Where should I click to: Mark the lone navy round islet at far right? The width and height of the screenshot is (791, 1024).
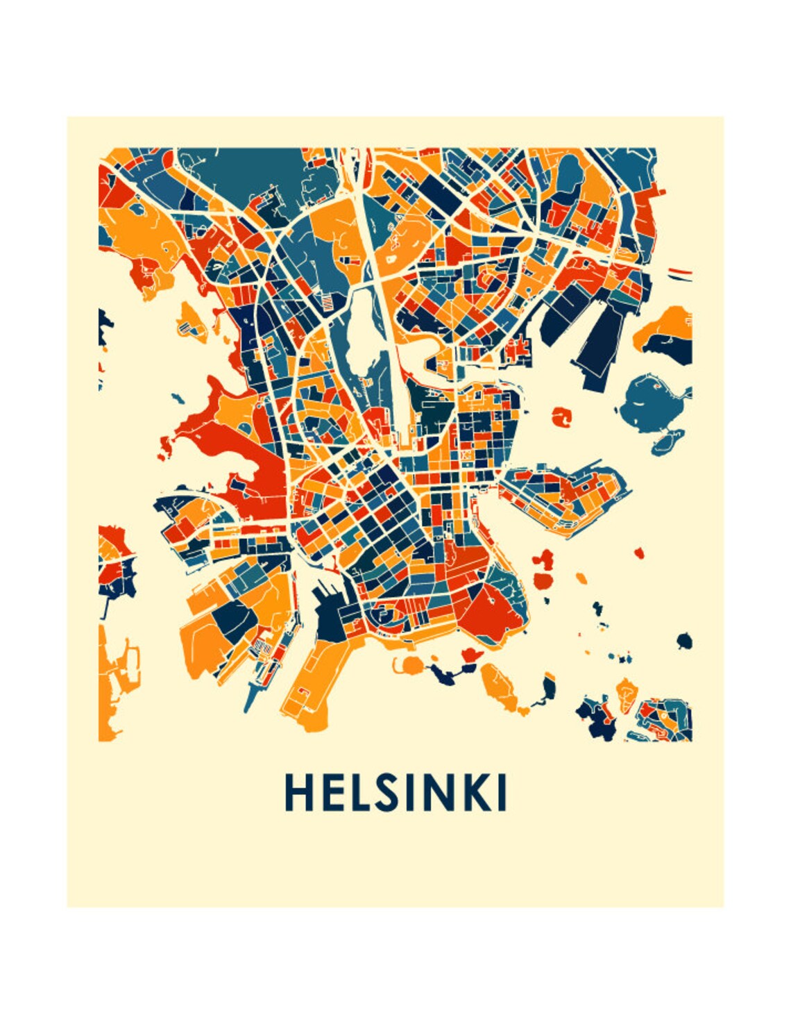pyautogui.click(x=684, y=640)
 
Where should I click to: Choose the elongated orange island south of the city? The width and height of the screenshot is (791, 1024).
pyautogui.click(x=500, y=687)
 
